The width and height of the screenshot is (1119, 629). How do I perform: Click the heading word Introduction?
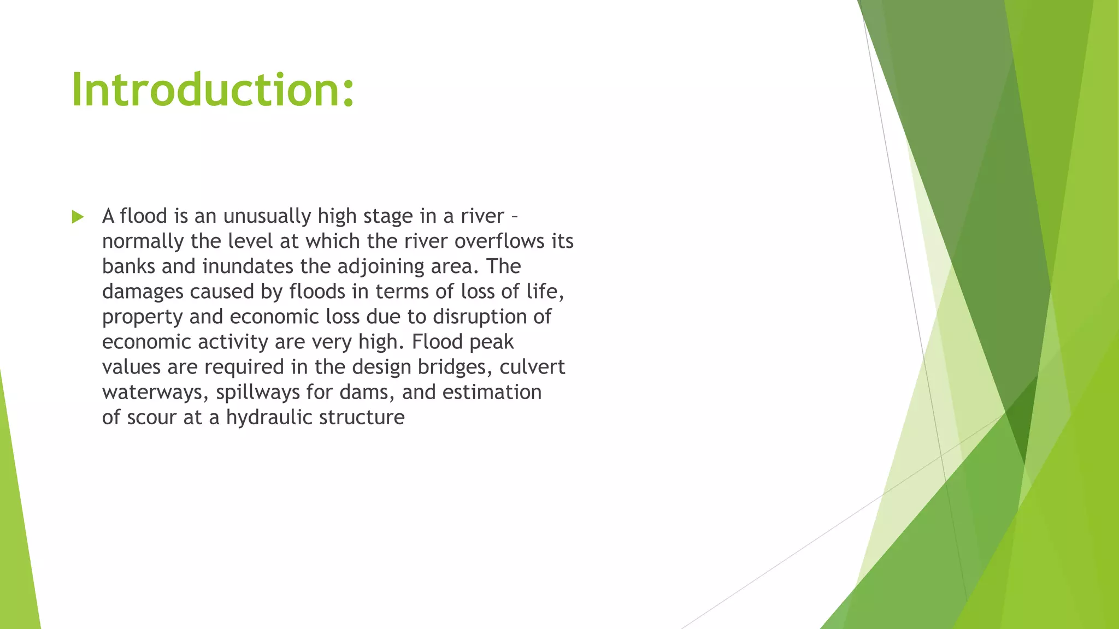tap(213, 90)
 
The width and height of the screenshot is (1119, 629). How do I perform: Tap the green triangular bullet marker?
tap(78, 217)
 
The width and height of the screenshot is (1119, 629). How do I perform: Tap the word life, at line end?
tap(545, 292)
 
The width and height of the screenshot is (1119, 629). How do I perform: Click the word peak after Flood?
tap(491, 342)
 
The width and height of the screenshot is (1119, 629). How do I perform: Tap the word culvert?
tap(532, 367)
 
